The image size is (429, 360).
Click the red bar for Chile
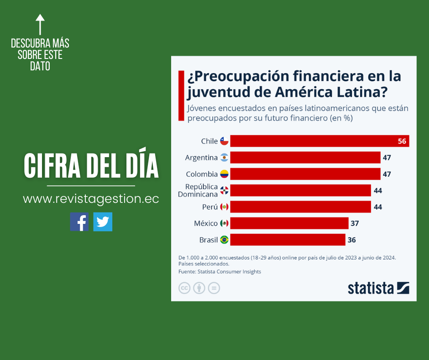coord(315,141)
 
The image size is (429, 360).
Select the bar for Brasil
coord(288,239)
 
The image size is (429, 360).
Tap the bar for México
coord(289,223)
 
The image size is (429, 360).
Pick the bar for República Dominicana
coord(300,190)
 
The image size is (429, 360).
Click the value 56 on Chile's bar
coord(402,141)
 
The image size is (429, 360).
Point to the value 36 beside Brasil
coord(351,239)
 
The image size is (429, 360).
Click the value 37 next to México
coord(354,223)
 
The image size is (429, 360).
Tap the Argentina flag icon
coord(224,158)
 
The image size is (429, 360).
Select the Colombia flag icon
coord(224,174)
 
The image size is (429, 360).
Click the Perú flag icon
coord(224,207)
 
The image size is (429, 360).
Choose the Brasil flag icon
coord(224,239)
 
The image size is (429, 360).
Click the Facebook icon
coord(79,222)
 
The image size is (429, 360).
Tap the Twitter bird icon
coord(103,222)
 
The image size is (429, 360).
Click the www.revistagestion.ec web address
coord(91,199)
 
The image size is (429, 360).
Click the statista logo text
coord(371,288)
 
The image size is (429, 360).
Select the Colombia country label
coord(202,174)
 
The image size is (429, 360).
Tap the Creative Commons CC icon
coord(184,288)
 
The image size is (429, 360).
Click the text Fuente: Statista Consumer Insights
coord(220,271)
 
